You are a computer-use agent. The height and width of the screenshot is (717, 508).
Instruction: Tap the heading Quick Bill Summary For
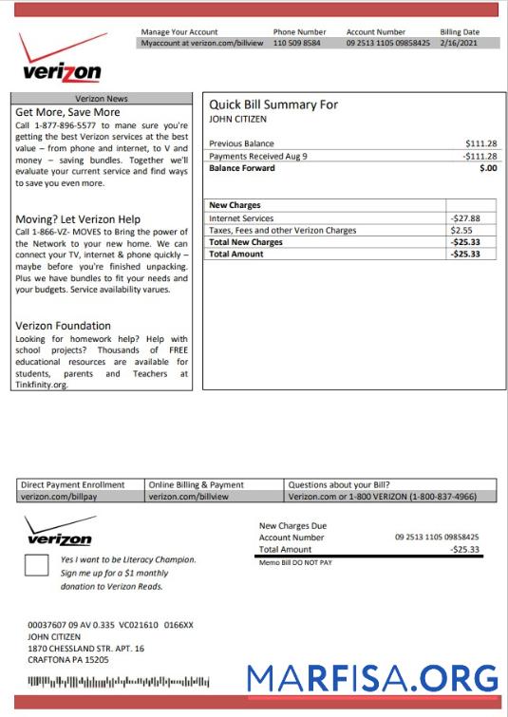click(273, 104)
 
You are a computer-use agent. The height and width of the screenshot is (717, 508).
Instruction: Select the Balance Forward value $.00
click(488, 168)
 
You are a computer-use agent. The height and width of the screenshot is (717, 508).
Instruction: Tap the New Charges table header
click(235, 205)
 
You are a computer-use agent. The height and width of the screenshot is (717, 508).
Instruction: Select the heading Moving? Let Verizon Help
click(78, 219)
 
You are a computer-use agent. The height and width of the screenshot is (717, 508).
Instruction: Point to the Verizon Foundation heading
click(63, 326)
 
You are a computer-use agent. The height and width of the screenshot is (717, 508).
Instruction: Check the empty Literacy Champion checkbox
click(36, 567)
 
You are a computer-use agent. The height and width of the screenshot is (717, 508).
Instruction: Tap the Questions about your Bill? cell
click(338, 484)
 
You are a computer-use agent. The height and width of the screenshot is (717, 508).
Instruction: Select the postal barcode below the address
click(118, 682)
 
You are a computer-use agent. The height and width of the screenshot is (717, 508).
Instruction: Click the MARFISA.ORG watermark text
click(372, 678)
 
